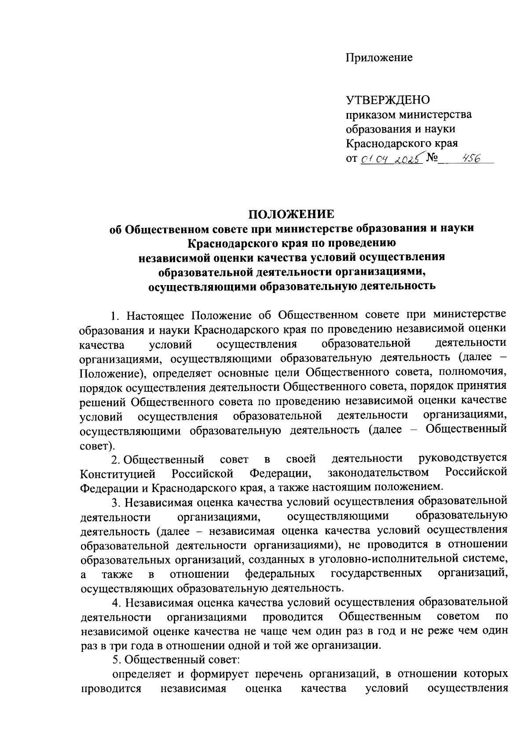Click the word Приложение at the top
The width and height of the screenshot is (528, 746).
pyautogui.click(x=379, y=58)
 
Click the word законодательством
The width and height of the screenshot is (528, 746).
pyautogui.click(x=378, y=473)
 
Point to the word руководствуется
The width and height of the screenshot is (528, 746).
pyautogui.click(x=462, y=458)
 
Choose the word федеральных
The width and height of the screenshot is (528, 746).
pyautogui.click(x=280, y=574)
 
